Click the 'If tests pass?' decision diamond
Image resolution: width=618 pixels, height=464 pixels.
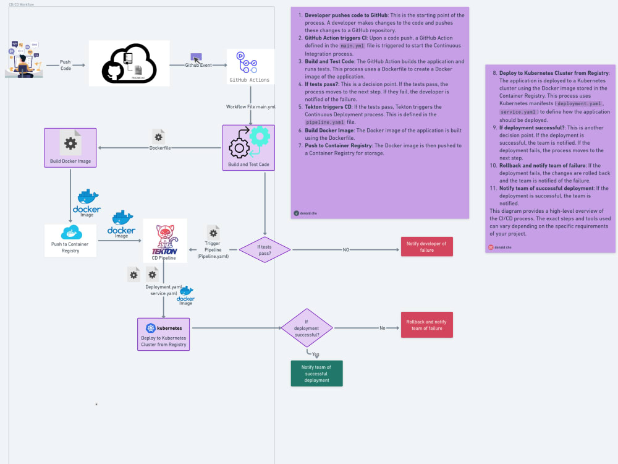pyautogui.click(x=265, y=250)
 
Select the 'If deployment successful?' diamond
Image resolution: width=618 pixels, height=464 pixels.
pyautogui.click(x=307, y=328)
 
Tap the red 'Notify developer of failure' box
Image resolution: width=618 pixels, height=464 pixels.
pyautogui.click(x=427, y=246)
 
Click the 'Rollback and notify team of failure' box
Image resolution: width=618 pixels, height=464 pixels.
pyautogui.click(x=427, y=325)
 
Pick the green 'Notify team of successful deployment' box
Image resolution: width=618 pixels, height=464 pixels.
pyautogui.click(x=316, y=373)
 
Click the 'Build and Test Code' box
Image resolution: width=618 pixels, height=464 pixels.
pyautogui.click(x=248, y=148)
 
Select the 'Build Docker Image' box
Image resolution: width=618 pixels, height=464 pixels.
pyautogui.click(x=70, y=148)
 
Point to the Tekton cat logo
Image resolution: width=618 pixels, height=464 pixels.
pyautogui.click(x=164, y=236)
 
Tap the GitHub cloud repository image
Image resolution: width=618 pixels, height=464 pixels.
pyautogui.click(x=129, y=63)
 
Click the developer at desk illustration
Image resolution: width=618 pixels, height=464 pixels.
pyautogui.click(x=23, y=59)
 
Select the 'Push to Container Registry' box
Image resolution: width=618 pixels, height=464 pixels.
pyautogui.click(x=70, y=240)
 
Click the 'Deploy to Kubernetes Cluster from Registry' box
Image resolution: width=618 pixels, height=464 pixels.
pyautogui.click(x=163, y=334)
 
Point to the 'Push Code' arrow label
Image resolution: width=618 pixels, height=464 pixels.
pyautogui.click(x=65, y=65)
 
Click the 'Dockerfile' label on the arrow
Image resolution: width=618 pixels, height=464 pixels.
pyautogui.click(x=160, y=148)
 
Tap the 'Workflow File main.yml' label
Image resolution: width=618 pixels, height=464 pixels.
pyautogui.click(x=250, y=107)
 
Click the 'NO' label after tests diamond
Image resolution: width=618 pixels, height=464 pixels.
pyautogui.click(x=346, y=250)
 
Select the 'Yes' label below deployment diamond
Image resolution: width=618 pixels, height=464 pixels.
pyautogui.click(x=316, y=353)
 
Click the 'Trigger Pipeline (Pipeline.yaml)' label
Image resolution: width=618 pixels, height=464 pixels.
pyautogui.click(x=213, y=250)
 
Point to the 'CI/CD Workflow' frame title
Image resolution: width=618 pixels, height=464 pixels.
pyautogui.click(x=21, y=4)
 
